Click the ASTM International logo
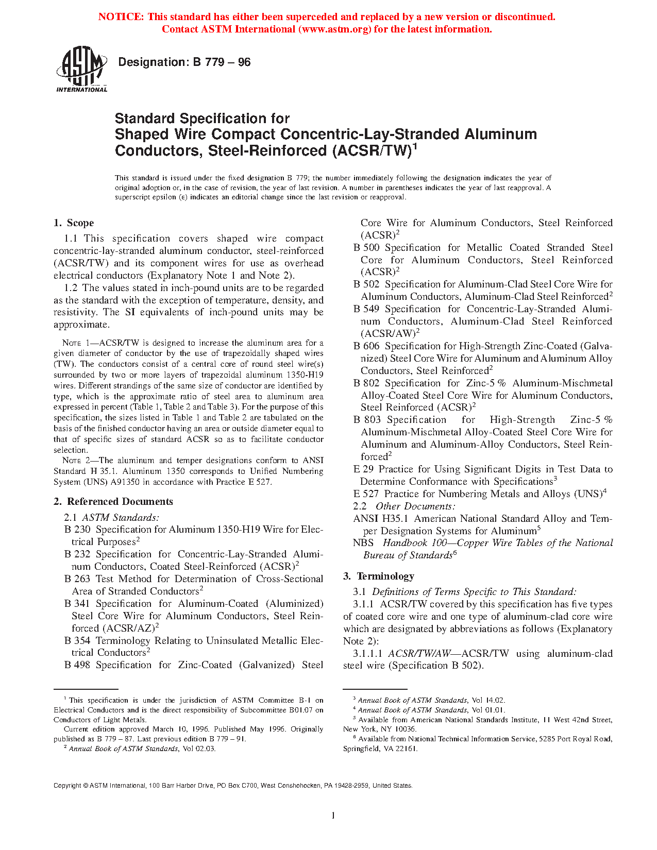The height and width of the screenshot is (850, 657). tap(81, 69)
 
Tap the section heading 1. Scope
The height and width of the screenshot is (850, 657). tap(74, 223)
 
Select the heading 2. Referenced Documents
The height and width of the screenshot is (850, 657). tap(113, 502)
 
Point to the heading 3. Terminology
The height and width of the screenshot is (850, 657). tap(379, 576)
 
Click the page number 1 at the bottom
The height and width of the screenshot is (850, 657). tap(333, 815)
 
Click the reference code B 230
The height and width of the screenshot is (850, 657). tap(77, 530)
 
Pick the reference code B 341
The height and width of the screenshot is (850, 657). tap(77, 604)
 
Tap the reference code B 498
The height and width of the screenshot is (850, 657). tap(77, 665)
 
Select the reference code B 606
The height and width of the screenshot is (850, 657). tap(366, 346)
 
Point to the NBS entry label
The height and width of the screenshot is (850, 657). tap(363, 543)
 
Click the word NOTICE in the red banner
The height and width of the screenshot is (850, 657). tap(121, 17)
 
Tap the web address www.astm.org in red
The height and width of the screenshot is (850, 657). tap(334, 29)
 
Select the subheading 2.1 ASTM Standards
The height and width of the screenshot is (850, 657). tap(111, 518)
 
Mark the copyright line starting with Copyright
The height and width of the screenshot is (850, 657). tap(233, 786)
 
